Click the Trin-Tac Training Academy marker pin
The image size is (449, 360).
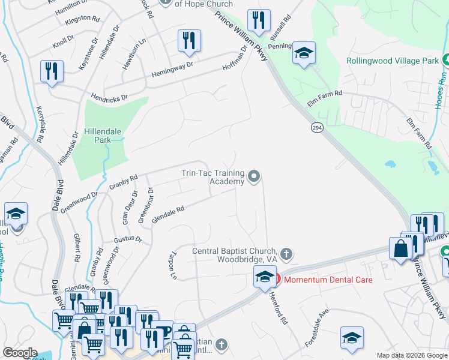point(255,176)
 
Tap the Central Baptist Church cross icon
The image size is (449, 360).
point(286,254)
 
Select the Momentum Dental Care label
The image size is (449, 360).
point(328,280)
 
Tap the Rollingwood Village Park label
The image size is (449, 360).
point(393,61)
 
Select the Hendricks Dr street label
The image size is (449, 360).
point(109,96)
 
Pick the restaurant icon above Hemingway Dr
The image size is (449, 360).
point(189,41)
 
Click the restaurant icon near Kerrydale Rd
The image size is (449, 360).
point(52,71)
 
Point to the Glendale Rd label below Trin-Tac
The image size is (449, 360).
point(167,214)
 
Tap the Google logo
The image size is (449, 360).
point(20,353)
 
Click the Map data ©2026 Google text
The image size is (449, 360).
point(411,355)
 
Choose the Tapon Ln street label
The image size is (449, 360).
point(173,265)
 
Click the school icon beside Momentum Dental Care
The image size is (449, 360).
point(264,277)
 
